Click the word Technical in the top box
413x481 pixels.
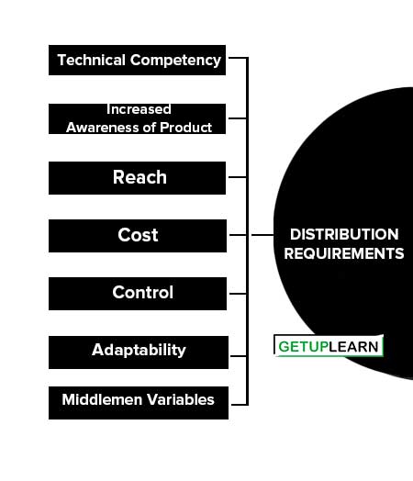pyautogui.click(x=92, y=60)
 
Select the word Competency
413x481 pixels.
pyautogui.click(x=175, y=61)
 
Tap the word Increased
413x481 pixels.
pyautogui.click(x=139, y=109)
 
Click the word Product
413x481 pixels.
pyautogui.click(x=185, y=128)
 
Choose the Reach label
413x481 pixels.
pyautogui.click(x=140, y=177)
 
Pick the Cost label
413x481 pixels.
pyautogui.click(x=138, y=235)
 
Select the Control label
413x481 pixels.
pyautogui.click(x=142, y=292)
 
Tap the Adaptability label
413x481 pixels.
pyautogui.click(x=139, y=351)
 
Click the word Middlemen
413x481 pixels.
pyautogui.click(x=102, y=399)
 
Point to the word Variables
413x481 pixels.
pyautogui.click(x=180, y=399)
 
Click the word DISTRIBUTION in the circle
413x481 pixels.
pyautogui.click(x=344, y=234)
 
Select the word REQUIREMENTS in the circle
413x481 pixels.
pyautogui.click(x=344, y=253)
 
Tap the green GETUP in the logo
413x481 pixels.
pyautogui.click(x=303, y=347)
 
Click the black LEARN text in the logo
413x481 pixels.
pyautogui.click(x=353, y=347)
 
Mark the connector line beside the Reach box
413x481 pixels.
pyautogui.click(x=238, y=177)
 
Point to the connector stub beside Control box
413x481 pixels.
pyautogui.click(x=238, y=294)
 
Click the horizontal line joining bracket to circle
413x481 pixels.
pyautogui.click(x=262, y=235)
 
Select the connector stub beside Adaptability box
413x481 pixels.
pyautogui.click(x=239, y=356)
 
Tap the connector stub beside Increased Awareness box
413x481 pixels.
pyautogui.click(x=238, y=118)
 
